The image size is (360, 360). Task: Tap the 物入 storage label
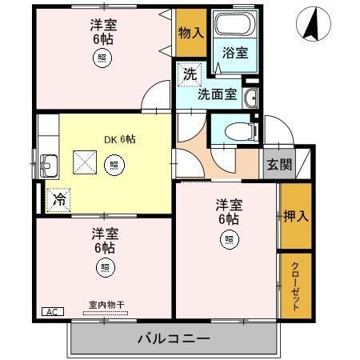(x=190, y=33)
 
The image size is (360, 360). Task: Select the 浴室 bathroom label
(x=234, y=53)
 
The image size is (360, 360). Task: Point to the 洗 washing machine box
(x=189, y=74)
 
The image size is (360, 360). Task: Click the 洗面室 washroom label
(x=217, y=93)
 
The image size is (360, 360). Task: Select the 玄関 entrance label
(x=279, y=166)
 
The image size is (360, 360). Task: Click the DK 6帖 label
(x=119, y=139)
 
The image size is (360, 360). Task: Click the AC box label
(x=51, y=312)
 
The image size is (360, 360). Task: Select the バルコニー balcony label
(x=173, y=338)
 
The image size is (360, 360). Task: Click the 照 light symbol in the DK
(x=114, y=166)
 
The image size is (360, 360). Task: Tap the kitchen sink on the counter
(x=47, y=166)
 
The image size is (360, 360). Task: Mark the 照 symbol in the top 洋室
(x=102, y=57)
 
